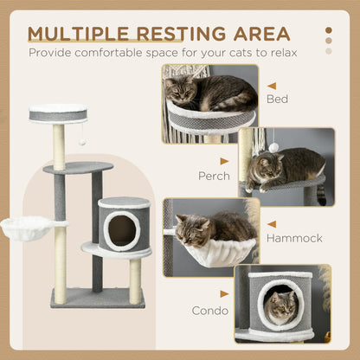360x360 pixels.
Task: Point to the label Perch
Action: (214, 176)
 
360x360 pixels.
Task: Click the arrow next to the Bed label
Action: (272, 86)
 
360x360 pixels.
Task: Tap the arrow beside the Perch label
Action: (225, 161)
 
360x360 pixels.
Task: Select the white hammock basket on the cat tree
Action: (33, 228)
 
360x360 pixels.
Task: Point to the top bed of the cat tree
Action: (58, 112)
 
